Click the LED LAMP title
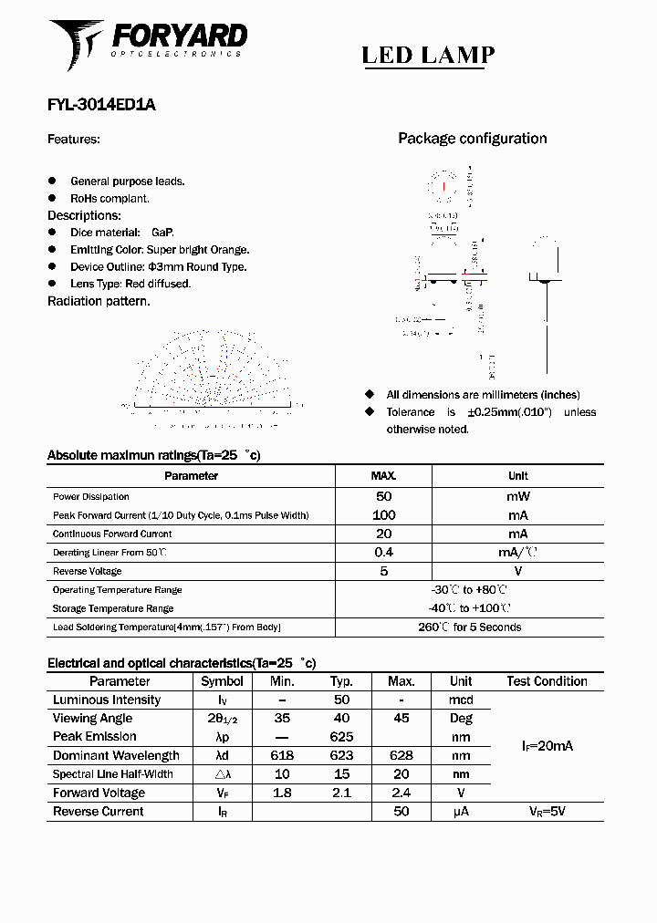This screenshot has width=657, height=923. tap(428, 56)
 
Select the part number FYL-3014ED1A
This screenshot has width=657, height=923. tap(101, 105)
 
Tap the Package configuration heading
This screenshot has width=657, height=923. tap(472, 139)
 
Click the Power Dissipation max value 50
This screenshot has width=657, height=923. tap(383, 496)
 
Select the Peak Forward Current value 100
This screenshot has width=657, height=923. tap(383, 515)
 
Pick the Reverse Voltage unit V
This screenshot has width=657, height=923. tap(517, 571)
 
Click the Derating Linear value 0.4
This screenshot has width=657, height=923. tap(383, 553)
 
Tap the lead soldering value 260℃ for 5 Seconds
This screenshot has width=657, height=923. tap(469, 627)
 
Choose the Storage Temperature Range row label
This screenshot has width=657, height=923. tap(113, 608)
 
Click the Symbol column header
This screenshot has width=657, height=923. tap(222, 681)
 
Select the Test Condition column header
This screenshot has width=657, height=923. tap(547, 681)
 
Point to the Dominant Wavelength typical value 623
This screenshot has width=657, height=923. tap(341, 755)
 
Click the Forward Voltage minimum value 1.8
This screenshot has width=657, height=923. tap(282, 793)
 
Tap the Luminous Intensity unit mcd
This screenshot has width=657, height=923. tap(461, 700)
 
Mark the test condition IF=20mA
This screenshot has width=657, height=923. tap(547, 746)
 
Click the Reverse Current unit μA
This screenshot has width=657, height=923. tap(461, 811)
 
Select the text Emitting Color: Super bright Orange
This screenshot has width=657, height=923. tap(160, 250)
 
